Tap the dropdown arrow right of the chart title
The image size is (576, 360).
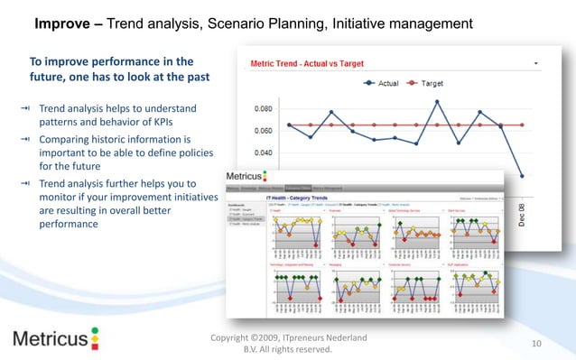pos(537,64)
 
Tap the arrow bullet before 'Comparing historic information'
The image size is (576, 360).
pos(31,140)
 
